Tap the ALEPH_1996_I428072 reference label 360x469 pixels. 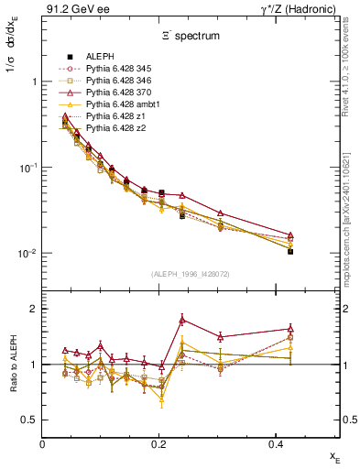(178, 274)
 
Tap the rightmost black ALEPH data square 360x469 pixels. (289, 251)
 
